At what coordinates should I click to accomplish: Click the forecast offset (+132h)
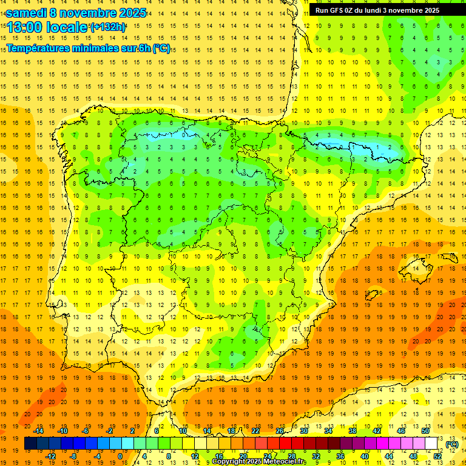tap(107, 27)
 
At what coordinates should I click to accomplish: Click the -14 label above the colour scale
tap(39, 431)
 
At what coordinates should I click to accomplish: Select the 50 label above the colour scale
tap(425, 431)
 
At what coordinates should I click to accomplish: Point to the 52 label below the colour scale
tap(437, 456)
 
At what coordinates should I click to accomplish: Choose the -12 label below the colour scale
tap(51, 456)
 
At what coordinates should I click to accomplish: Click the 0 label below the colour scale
tap(120, 456)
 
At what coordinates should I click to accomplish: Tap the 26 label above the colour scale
tap(280, 431)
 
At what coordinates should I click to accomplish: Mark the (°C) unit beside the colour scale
tap(452, 444)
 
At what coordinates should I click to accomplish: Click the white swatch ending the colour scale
tap(431, 444)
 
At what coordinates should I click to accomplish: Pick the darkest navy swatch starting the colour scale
tap(30, 444)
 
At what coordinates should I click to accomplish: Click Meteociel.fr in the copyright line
tap(285, 462)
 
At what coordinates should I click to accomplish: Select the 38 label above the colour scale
tap(352, 431)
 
